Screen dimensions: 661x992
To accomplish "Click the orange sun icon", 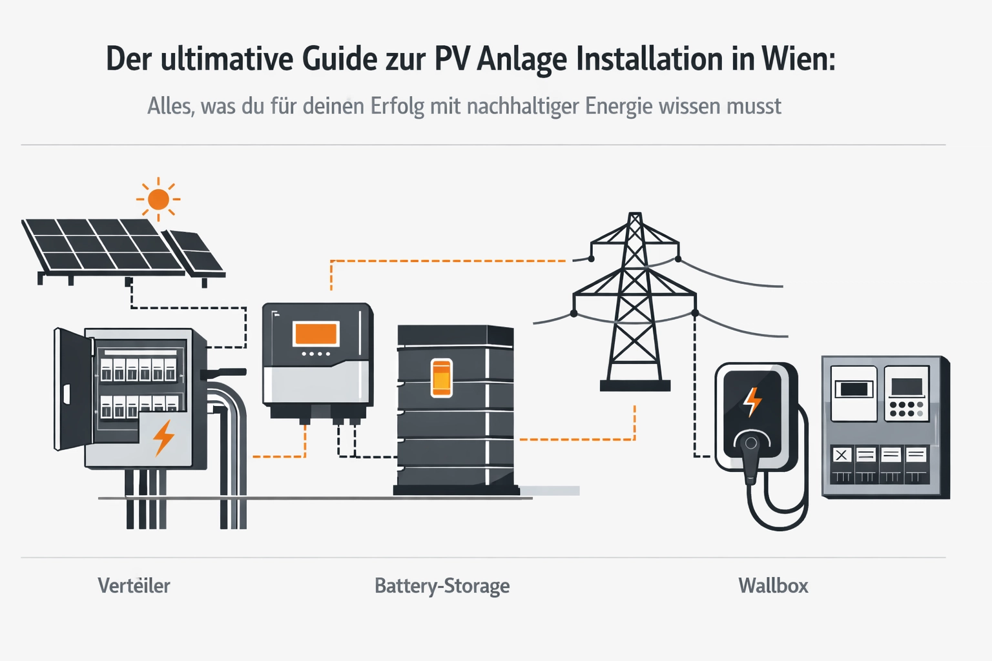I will pos(158,199).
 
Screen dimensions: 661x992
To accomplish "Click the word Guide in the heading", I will pos(340,59).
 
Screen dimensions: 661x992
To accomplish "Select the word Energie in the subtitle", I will pos(619,106).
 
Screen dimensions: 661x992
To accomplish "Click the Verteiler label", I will pos(134,585).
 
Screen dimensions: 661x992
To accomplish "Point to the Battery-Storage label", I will pos(442,585).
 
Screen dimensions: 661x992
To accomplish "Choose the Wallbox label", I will pos(773,585).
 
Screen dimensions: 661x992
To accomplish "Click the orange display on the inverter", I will pos(316,334).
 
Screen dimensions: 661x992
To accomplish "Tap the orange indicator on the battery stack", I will pos(441,378).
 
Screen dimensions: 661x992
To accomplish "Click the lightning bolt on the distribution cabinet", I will pos(163,438).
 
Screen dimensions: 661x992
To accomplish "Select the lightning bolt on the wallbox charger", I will pos(752,402).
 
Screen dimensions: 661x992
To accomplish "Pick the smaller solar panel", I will pos(194,252).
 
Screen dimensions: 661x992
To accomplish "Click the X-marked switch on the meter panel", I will pos(841,455).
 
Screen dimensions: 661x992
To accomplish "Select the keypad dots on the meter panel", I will pos(906,409).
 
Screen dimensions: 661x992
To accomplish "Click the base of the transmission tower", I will pos(635,386).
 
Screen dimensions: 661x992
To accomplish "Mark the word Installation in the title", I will pos(649,59).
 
